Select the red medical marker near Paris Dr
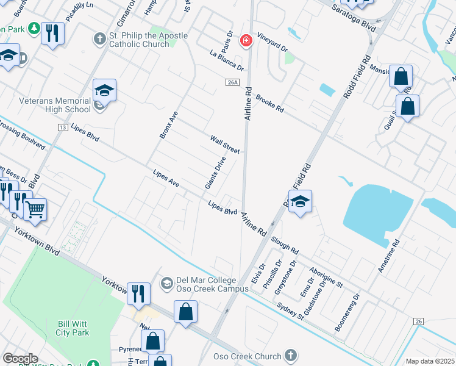pyautogui.click(x=246, y=41)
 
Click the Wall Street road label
pyautogui.click(x=226, y=143)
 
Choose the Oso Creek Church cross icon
pyautogui.click(x=291, y=356)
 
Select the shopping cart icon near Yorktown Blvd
pyautogui.click(x=35, y=209)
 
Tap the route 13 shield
pyautogui.click(x=62, y=127)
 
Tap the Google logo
pyautogui.click(x=20, y=359)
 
